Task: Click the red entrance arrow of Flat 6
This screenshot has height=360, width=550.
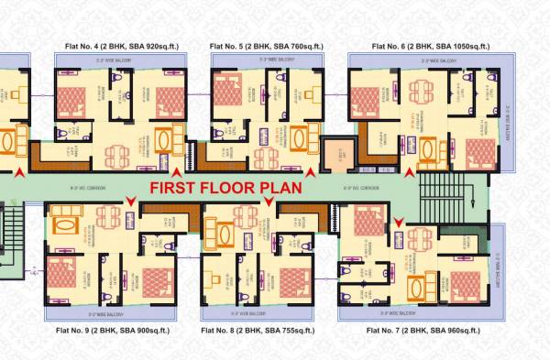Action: (410, 169)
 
